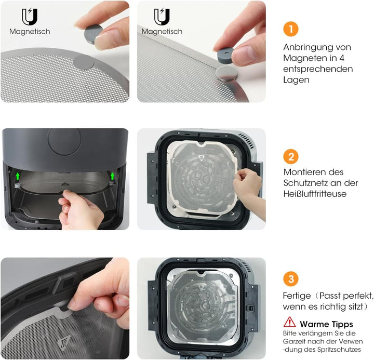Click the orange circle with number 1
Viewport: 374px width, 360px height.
click(291, 29)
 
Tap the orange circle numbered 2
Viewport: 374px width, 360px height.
click(291, 157)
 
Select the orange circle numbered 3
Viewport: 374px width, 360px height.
click(291, 279)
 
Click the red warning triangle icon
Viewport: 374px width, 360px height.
click(289, 322)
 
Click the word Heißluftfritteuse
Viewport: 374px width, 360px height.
click(315, 194)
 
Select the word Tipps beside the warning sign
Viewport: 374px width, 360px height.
click(341, 325)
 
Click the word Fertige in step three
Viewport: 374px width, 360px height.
click(297, 296)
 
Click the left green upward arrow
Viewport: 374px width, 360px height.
click(18, 176)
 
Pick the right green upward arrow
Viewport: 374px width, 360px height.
click(112, 176)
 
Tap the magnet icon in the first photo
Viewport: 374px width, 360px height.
click(30, 17)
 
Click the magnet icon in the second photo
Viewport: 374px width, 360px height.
click(162, 17)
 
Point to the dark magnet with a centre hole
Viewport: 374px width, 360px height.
click(225, 56)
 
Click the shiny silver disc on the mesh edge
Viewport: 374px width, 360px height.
click(226, 73)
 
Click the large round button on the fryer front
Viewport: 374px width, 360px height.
click(64, 141)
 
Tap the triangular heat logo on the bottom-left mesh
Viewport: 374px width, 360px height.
click(64, 343)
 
